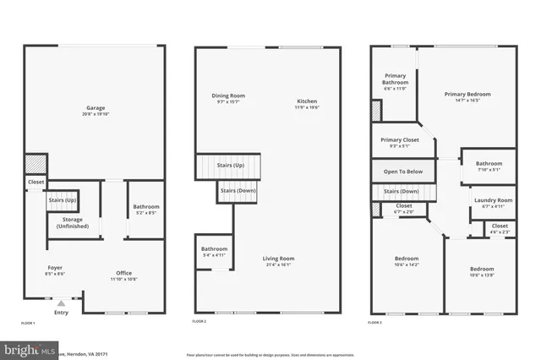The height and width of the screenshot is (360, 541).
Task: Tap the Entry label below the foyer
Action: [61, 313]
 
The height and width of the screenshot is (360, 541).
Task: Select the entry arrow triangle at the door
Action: [60, 303]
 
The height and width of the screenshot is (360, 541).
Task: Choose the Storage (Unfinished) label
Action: [73, 223]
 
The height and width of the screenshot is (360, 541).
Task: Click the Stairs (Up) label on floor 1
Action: [63, 200]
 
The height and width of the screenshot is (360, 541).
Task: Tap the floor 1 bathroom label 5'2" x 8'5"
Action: [145, 210]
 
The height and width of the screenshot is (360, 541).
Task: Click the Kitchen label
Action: [307, 104]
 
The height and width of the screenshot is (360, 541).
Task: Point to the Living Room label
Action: [277, 262]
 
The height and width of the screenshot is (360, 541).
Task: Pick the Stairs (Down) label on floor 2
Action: [238, 191]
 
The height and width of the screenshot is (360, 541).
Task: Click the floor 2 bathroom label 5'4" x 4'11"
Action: [213, 252]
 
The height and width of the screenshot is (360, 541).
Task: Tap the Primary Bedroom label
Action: [467, 97]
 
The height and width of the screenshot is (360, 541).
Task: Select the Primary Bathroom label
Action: [395, 82]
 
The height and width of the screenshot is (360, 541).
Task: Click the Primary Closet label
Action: [400, 143]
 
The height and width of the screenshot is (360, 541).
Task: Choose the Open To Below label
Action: [403, 172]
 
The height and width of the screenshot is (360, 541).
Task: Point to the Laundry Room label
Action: [491, 203]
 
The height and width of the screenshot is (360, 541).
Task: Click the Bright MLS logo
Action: [30, 349]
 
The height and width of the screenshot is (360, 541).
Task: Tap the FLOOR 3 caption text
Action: [377, 323]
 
